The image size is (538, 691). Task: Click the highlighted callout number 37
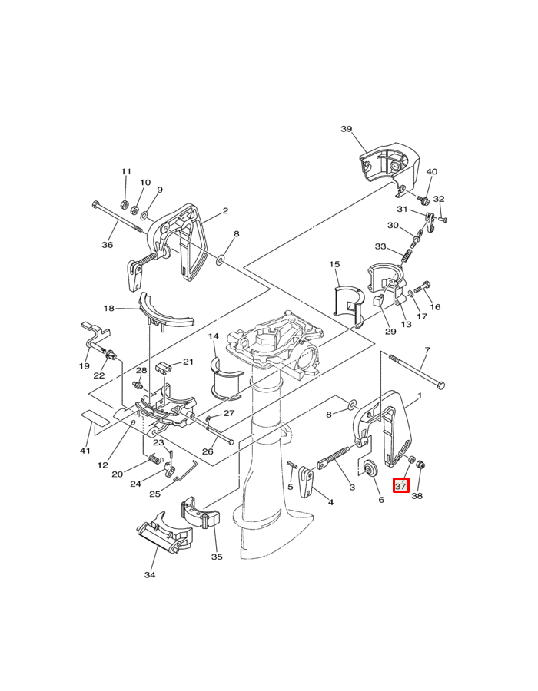coord(400,486)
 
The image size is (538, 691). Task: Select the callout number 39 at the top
coord(347,129)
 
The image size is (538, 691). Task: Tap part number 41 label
coord(85,451)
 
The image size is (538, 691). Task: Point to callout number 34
coord(150,574)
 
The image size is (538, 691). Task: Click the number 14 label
coord(214,336)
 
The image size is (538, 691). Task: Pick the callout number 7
coord(427,350)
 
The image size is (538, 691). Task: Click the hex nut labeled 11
coord(125,204)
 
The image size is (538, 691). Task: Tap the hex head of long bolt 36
coord(96,205)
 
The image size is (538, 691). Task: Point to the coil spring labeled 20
coord(154,459)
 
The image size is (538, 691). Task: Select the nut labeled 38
coord(420,464)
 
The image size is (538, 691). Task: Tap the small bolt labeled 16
coord(422,286)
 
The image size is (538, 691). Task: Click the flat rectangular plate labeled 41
coord(95,418)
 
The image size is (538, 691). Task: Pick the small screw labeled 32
coord(442,218)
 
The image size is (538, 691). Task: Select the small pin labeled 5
coord(291,465)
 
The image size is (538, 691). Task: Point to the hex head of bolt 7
coord(440,385)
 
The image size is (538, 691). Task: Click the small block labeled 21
coord(164,368)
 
